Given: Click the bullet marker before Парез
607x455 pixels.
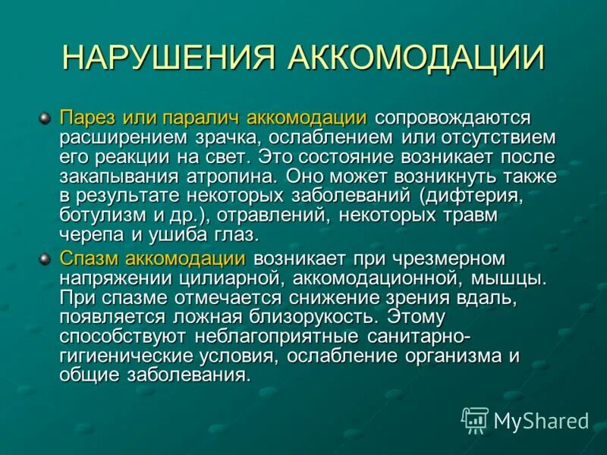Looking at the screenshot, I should coord(45,118).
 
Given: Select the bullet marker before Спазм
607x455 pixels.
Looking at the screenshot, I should coord(45,259).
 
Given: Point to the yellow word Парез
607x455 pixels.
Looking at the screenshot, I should coord(87,119).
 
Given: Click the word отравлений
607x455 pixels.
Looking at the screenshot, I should coord(283,215).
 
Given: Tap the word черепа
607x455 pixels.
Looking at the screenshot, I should coord(87,234).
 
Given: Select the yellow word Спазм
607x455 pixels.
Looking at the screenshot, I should coord(89,259).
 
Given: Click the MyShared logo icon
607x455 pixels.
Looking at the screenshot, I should coord(475,419).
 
